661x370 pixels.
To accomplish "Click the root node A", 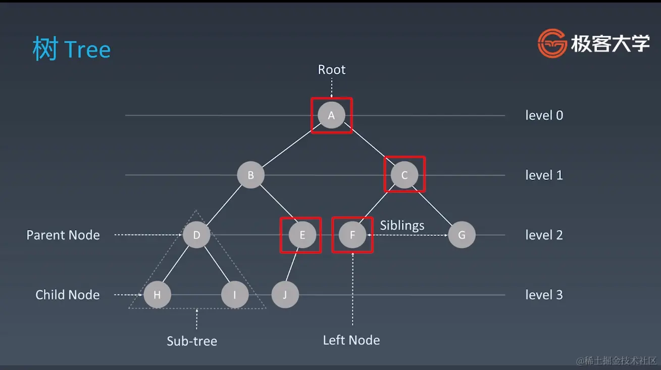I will click(331, 115).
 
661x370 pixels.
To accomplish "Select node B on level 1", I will click(251, 175).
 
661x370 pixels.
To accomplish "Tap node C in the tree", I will click(404, 175).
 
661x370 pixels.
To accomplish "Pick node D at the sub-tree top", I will click(196, 235).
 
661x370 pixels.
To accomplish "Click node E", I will click(302, 235).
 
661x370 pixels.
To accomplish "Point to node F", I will click(352, 235).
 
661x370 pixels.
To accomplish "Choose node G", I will click(462, 235).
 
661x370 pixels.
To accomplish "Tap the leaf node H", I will click(157, 295).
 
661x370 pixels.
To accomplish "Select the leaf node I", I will click(235, 295).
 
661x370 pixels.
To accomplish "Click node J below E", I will click(285, 295).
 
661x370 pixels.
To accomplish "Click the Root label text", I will click(331, 69).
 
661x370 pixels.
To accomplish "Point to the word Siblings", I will click(402, 225).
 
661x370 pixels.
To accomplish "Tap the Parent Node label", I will click(63, 235).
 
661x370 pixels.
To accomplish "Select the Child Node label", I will click(67, 295).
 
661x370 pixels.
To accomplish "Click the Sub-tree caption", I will click(192, 341).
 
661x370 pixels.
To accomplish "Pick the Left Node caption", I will click(351, 340).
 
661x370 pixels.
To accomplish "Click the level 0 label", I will click(544, 115).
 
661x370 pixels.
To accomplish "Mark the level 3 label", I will click(544, 295).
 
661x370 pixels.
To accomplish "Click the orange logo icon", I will click(552, 43).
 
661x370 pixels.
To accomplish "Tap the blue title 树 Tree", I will click(71, 50).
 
